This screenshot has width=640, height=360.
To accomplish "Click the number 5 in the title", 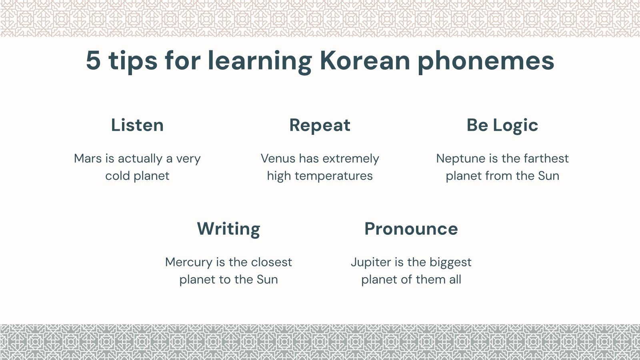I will pyautogui.click(x=93, y=60).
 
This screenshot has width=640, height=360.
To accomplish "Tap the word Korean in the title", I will pyautogui.click(x=365, y=60).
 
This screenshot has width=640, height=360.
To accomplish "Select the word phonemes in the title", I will pyautogui.click(x=486, y=61).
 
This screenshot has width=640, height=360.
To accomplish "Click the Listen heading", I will pyautogui.click(x=137, y=125).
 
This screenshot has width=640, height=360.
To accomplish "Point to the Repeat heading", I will pyautogui.click(x=320, y=126).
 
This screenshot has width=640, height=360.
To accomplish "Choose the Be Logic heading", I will pyautogui.click(x=502, y=126).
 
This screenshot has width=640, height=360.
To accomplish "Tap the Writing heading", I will pyautogui.click(x=228, y=229).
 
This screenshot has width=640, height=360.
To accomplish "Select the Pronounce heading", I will pyautogui.click(x=411, y=229).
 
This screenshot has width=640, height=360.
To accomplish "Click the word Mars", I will pyautogui.click(x=88, y=158).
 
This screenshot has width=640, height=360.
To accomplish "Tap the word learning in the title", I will pyautogui.click(x=260, y=61).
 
